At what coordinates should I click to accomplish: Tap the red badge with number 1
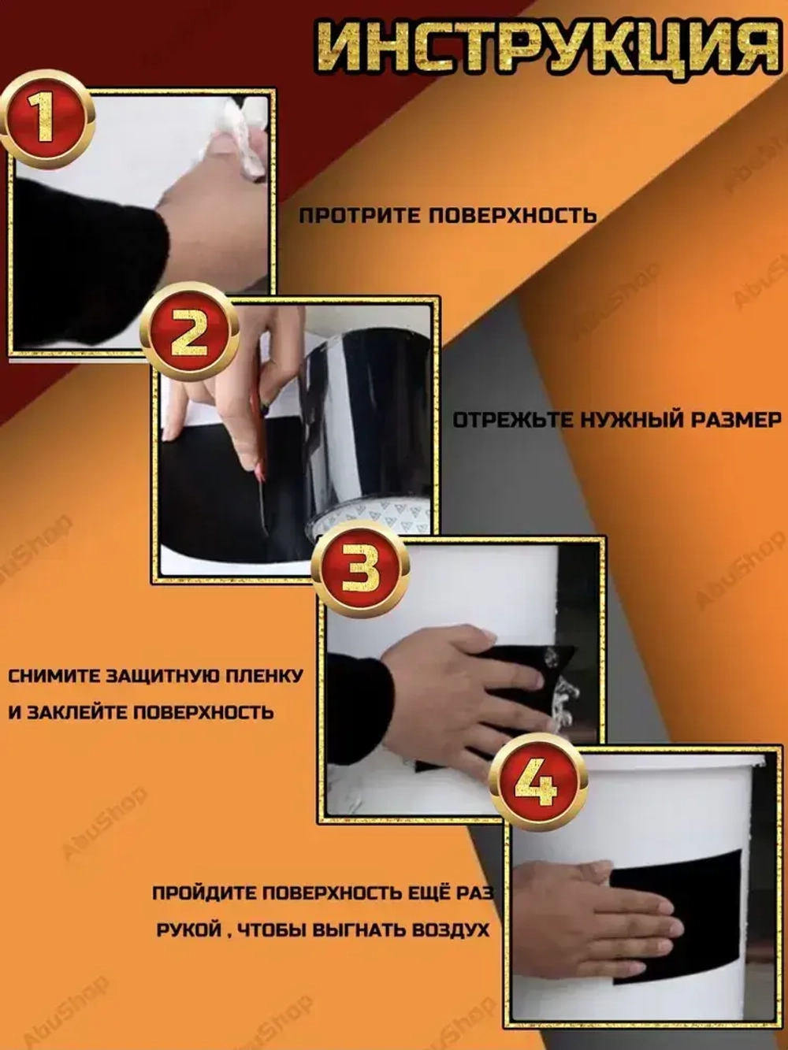pos(46,120)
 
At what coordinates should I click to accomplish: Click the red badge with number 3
pos(361,569)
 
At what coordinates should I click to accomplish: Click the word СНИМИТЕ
pos(54,677)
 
